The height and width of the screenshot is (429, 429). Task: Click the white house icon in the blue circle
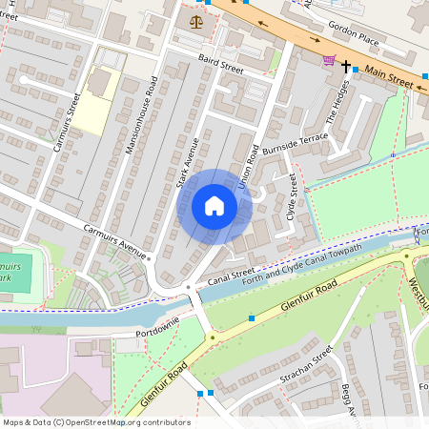pos(214,206)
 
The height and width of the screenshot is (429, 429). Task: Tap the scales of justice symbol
pos(196,18)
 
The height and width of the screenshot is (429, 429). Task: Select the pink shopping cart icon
pos(329,61)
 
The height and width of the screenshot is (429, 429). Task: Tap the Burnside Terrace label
pos(296,144)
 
